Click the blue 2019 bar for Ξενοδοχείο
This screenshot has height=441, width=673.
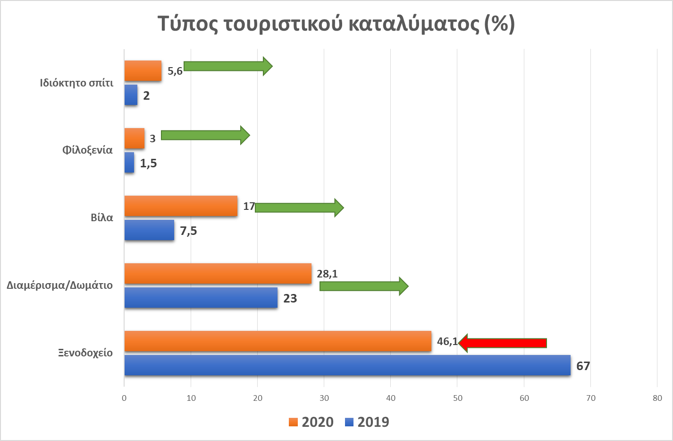point(347,365)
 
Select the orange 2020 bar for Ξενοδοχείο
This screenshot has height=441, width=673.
point(278,341)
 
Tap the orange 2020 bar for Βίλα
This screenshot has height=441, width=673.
point(181,206)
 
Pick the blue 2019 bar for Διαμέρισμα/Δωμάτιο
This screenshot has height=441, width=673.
point(201,298)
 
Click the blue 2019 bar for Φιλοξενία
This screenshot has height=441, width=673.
point(129,163)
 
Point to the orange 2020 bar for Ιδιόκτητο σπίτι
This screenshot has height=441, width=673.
point(143,71)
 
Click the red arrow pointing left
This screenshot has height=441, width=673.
point(502,343)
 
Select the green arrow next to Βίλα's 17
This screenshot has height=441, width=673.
point(299,208)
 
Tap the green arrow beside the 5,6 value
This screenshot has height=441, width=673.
point(227,66)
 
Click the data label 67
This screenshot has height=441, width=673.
point(583,366)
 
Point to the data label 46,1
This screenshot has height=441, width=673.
point(447,341)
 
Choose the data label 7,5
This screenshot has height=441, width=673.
point(188,231)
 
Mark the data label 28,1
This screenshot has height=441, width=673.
point(327,274)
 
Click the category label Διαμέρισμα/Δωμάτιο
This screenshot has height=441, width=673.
point(60,285)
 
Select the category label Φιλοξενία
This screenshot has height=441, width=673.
point(87,150)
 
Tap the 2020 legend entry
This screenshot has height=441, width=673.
point(311,422)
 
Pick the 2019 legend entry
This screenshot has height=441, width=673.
point(367,422)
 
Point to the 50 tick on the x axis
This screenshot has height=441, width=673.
point(457,398)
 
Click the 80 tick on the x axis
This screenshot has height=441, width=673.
point(657,398)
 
